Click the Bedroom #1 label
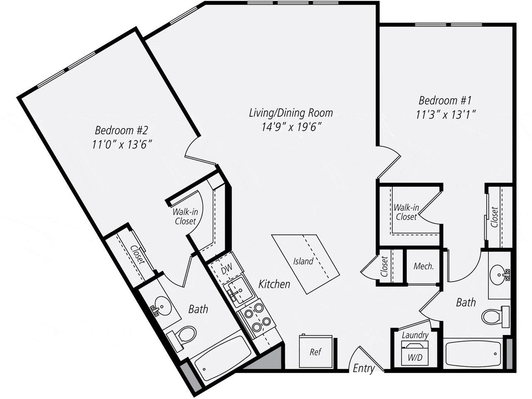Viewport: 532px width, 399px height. pos(445,101)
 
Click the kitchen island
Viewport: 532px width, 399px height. pos(305,264)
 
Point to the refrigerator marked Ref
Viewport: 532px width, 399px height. pos(316,352)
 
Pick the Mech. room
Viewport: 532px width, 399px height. pos(423,266)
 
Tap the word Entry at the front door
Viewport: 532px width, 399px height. pos(364,368)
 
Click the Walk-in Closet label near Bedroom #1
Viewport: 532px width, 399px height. pos(406,212)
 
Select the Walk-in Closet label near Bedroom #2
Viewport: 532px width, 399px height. pos(185,217)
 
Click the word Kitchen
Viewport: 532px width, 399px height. pos(274,284)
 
